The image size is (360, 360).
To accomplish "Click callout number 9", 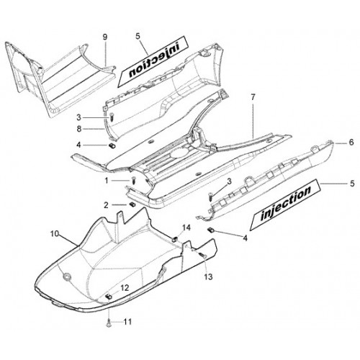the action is pos(105,37).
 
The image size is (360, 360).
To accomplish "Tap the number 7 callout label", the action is pos(253,97).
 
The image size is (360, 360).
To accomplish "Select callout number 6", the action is pos(351,143).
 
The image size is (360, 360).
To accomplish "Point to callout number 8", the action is pos(79,129).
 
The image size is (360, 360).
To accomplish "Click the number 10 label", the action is pos(55,233).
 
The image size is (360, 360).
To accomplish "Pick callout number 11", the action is pos(127,321).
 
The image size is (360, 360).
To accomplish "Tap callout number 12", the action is pos(125,288).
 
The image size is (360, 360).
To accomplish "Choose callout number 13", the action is pos(208,276).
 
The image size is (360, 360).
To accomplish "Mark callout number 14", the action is pos(186,228).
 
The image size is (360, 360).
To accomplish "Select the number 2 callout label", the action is pos(106,205).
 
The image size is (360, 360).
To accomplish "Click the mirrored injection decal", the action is pos(152,62).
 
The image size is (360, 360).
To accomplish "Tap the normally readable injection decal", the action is pos(285,205).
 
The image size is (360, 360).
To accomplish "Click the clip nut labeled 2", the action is pos(132,204).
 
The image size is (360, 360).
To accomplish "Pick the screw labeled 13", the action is pos(204,256).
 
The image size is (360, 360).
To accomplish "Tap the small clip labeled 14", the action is pos(175,239).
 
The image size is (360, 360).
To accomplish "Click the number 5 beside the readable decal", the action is pos(352,184).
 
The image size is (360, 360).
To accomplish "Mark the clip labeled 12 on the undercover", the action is pos(109,297).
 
